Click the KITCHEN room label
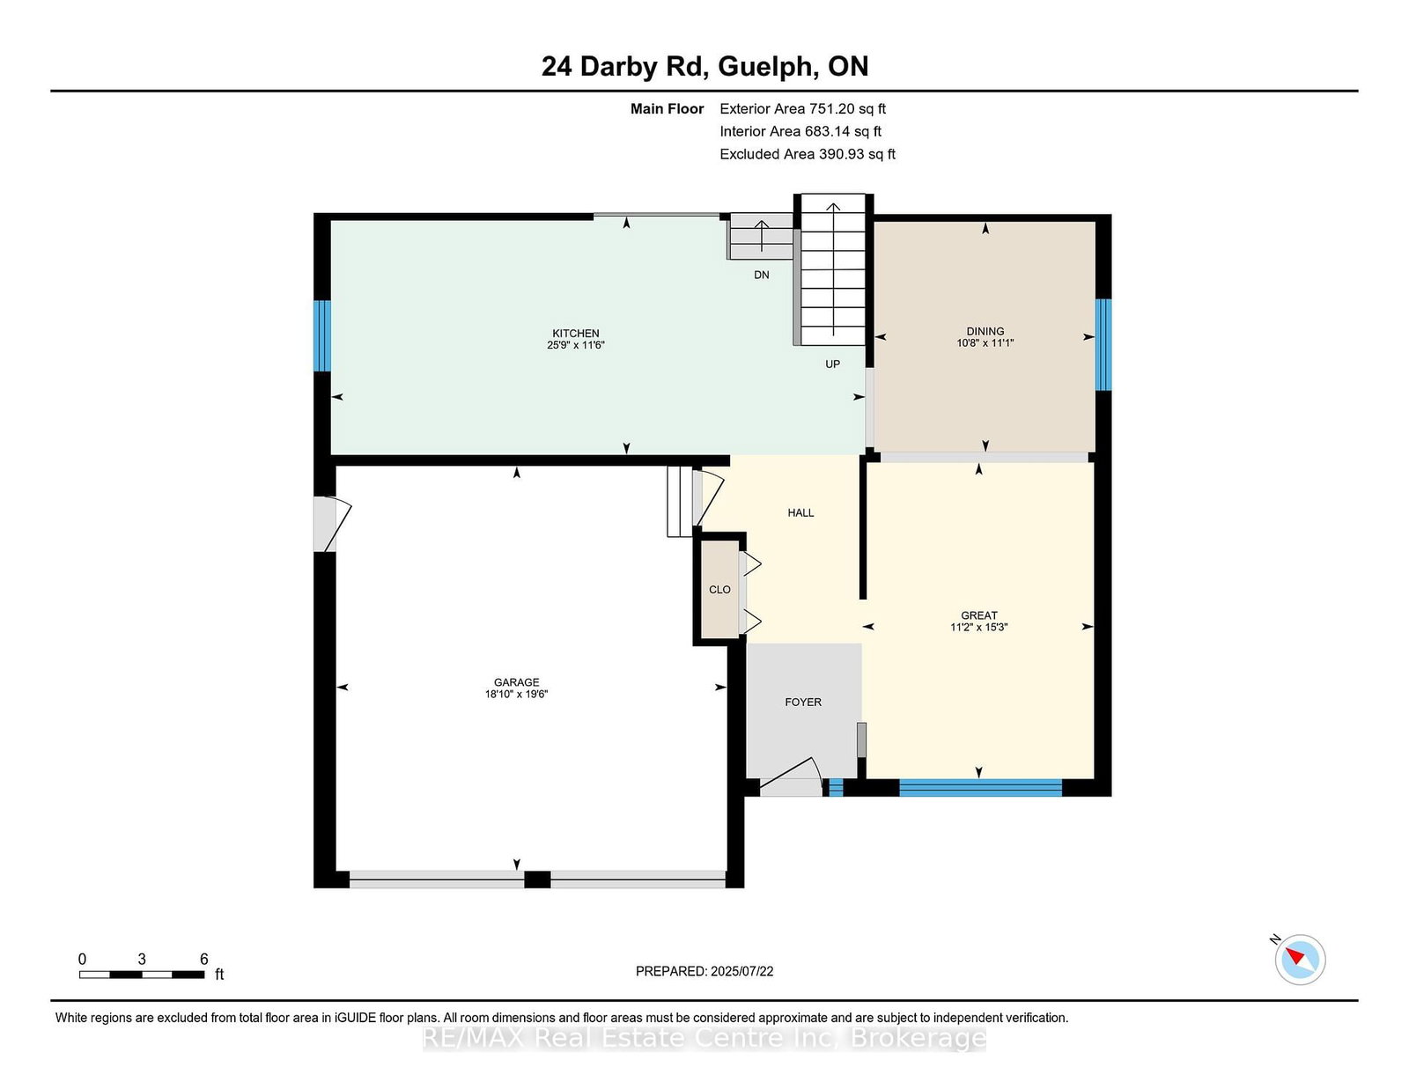tap(576, 333)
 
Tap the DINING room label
tap(985, 331)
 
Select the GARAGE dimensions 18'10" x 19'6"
tap(517, 695)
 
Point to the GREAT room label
tap(979, 615)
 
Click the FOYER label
tap(803, 702)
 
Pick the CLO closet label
tap(719, 590)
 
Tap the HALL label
tap(800, 512)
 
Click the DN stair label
tap(762, 275)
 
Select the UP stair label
tap(832, 364)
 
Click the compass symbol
tap(1300, 960)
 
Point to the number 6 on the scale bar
tap(203, 960)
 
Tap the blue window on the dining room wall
tap(1103, 345)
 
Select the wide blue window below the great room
tap(980, 788)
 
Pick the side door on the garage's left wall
tap(331, 525)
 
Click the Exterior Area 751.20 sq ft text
tap(803, 109)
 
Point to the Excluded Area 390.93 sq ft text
tap(808, 154)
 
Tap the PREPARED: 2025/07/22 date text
tap(704, 971)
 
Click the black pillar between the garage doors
tap(537, 879)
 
